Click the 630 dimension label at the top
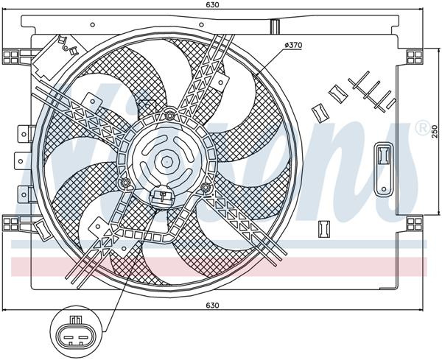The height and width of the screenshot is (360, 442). click(213, 6)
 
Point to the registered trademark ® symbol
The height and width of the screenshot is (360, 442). click(422, 128)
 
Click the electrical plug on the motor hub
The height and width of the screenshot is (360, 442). click(161, 196)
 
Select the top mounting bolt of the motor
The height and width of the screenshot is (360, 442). click(169, 114)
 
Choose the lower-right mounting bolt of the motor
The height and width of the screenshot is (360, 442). click(207, 189)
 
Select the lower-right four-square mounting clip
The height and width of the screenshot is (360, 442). click(415, 222)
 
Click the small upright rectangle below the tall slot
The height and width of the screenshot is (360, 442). click(322, 228)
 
